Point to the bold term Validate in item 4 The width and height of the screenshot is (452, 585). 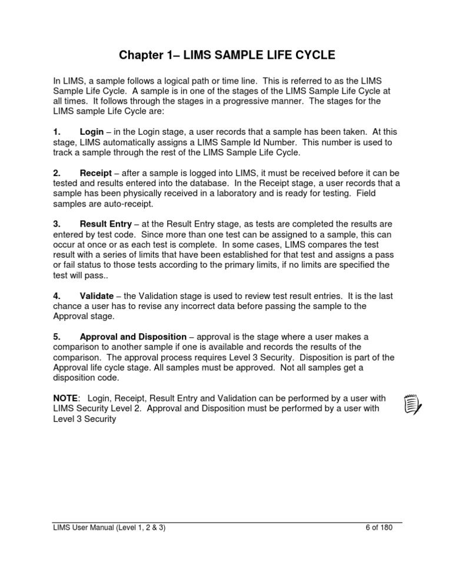click(x=98, y=296)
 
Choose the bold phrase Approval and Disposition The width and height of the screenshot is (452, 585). click(x=133, y=337)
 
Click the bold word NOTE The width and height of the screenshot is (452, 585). click(x=65, y=398)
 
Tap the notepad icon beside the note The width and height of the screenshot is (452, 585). click(x=413, y=405)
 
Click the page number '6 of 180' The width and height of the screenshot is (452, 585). click(x=374, y=527)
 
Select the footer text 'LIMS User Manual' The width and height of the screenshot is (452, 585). click(x=87, y=527)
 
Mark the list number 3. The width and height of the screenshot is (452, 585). click(x=56, y=224)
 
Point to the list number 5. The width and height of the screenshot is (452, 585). click(x=56, y=337)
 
